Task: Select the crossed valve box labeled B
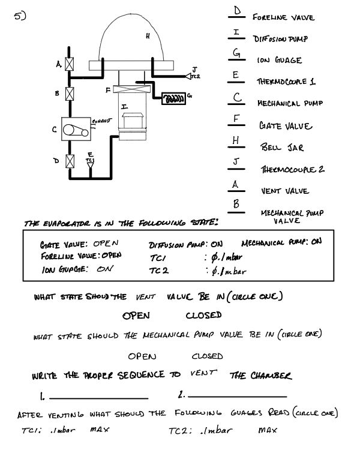click(70, 94)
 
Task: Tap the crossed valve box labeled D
click(70, 161)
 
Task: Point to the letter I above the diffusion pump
click(124, 106)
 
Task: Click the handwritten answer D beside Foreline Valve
click(237, 11)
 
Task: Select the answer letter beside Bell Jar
click(237, 140)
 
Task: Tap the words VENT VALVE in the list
click(285, 191)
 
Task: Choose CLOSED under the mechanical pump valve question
click(208, 356)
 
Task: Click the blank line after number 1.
click(98, 397)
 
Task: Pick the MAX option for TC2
click(268, 430)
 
